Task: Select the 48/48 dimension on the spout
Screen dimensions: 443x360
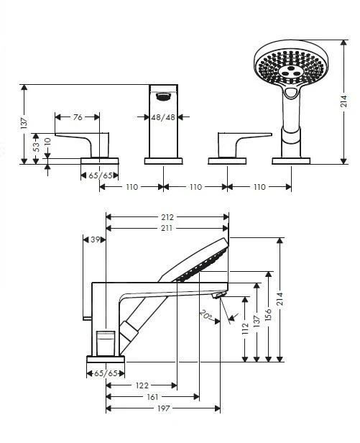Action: coord(162,116)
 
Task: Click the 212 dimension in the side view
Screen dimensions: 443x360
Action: coord(167,215)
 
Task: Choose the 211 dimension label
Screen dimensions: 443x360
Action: coord(167,229)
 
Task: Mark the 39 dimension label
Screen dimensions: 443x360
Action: coord(94,239)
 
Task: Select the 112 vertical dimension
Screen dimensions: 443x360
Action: coord(246,330)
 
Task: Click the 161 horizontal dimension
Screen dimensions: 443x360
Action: coord(152,396)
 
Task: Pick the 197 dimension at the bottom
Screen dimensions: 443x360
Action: coord(162,408)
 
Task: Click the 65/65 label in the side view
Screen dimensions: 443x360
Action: coord(106,373)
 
